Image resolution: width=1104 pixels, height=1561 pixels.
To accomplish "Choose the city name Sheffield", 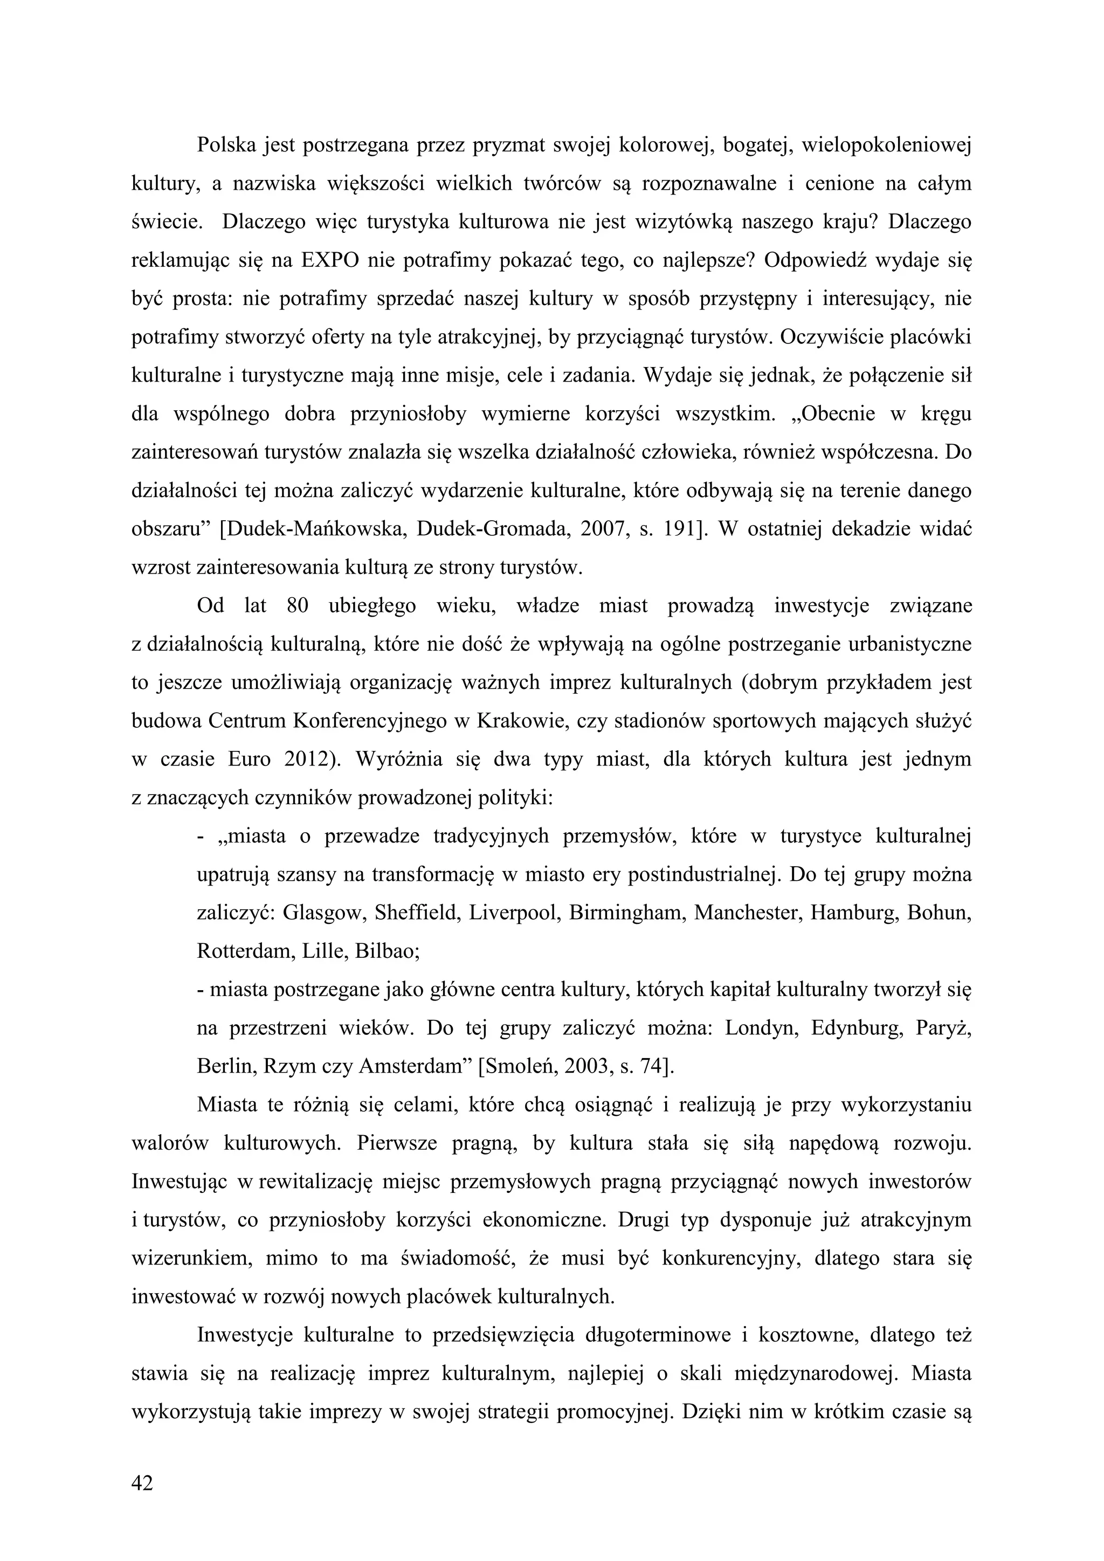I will coord(409,913).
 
